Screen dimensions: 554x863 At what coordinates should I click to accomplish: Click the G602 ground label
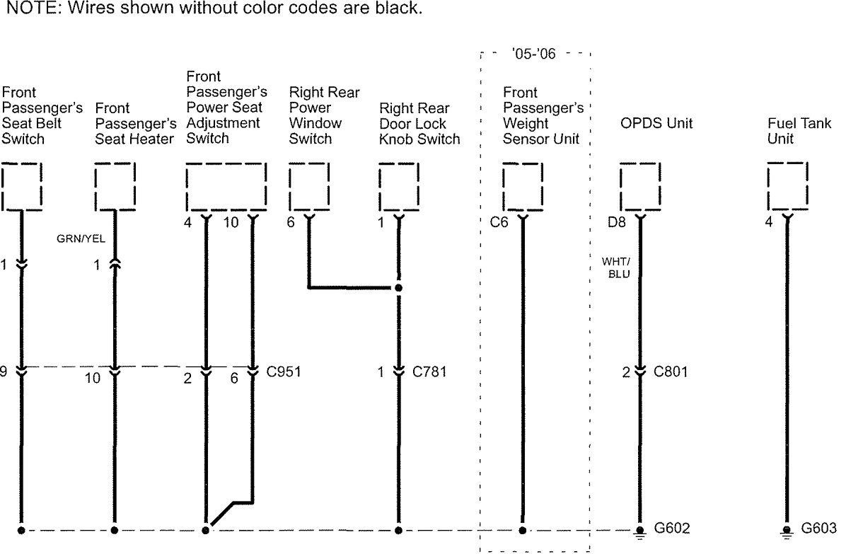(x=672, y=529)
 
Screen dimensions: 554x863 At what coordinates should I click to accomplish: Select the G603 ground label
(x=818, y=529)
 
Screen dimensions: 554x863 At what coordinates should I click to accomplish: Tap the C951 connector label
(x=284, y=371)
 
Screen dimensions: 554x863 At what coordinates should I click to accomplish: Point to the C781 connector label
(x=429, y=371)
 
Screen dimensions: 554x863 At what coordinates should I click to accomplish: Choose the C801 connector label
(x=671, y=371)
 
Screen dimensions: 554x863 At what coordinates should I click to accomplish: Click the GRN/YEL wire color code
(x=81, y=239)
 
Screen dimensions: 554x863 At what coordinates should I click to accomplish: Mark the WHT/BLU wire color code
(x=616, y=268)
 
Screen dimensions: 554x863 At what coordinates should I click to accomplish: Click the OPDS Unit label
(x=656, y=124)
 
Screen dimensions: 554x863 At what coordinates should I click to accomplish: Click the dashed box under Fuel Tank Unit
(x=787, y=186)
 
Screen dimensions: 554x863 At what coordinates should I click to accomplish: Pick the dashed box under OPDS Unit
(x=639, y=186)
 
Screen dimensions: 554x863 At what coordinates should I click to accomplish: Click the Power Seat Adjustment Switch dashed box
(x=226, y=186)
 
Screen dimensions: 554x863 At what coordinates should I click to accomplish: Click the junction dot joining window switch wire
(x=398, y=288)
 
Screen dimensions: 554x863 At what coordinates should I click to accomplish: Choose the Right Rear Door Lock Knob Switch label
(x=419, y=124)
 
